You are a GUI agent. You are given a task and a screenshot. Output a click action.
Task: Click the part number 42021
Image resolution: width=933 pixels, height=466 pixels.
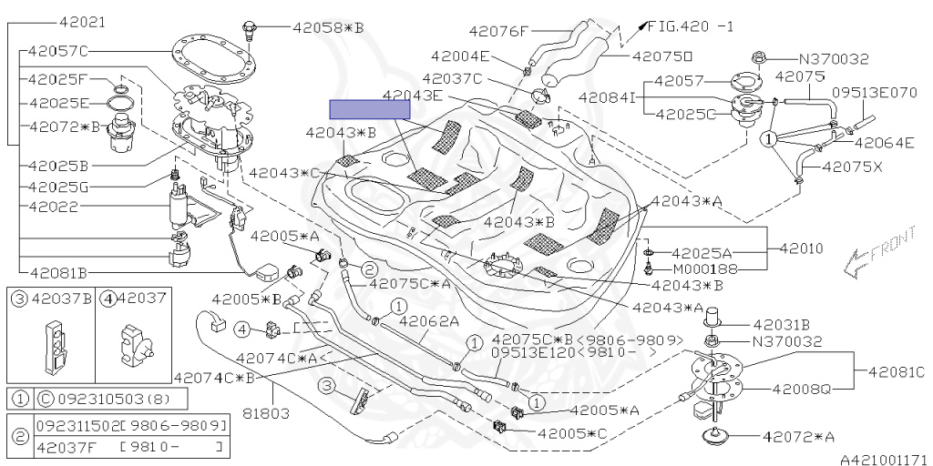tap(82, 23)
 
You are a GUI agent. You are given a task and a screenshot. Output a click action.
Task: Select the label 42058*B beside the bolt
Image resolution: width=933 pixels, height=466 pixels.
tap(328, 27)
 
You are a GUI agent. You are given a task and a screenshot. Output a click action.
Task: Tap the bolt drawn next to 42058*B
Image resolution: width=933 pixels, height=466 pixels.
tap(250, 29)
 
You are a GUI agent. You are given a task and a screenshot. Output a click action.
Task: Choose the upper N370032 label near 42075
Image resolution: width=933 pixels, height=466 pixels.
tap(833, 59)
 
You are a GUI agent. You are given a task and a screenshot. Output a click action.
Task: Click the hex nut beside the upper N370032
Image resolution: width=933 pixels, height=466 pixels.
tap(758, 57)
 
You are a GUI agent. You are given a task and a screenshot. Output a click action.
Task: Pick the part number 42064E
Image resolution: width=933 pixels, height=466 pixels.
tap(884, 143)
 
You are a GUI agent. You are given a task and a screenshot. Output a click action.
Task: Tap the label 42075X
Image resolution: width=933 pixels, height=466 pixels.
tap(852, 168)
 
